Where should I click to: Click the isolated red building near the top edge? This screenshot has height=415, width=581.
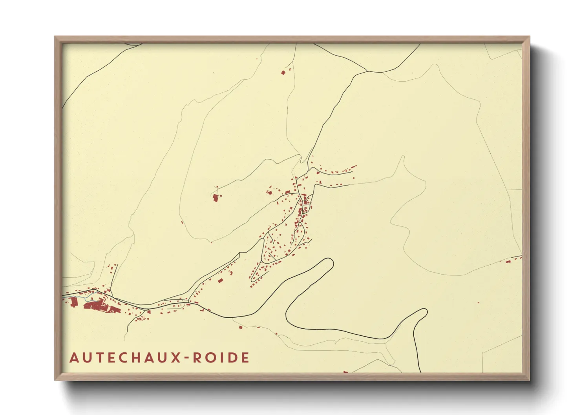pos(283,72)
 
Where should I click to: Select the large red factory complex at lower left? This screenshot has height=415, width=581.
pos(96,305)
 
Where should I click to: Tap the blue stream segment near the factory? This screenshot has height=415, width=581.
pos(80,297)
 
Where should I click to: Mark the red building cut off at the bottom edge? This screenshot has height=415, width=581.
pos(345,371)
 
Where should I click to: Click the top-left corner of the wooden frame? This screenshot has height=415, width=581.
pos(55,37)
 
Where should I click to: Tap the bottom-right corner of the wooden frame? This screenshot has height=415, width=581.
pos(529,380)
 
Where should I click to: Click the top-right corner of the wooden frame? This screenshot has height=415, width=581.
pos(529,37)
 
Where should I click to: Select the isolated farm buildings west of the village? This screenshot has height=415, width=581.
pos(215,197)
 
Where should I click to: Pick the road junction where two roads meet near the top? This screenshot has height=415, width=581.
pos(367,71)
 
